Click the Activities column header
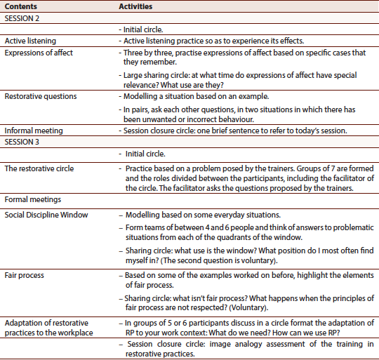click(x=137, y=6)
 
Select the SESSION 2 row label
click(x=22, y=18)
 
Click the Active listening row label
click(x=30, y=41)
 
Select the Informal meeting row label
click(x=34, y=131)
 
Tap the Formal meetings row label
click(x=32, y=200)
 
